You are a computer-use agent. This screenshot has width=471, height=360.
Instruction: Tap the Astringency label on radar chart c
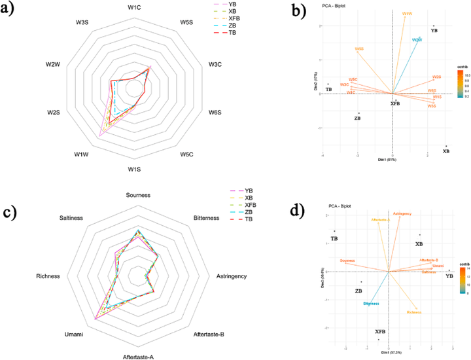pos(232,276)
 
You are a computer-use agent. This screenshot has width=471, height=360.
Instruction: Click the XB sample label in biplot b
pos(446,151)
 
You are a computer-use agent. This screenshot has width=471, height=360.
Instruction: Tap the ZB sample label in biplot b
pos(357,118)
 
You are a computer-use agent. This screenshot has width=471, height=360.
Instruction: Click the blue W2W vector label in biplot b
pos(417,41)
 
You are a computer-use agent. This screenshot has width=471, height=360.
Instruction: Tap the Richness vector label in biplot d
pos(414,312)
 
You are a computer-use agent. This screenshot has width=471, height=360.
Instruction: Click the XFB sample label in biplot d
pos(380,332)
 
